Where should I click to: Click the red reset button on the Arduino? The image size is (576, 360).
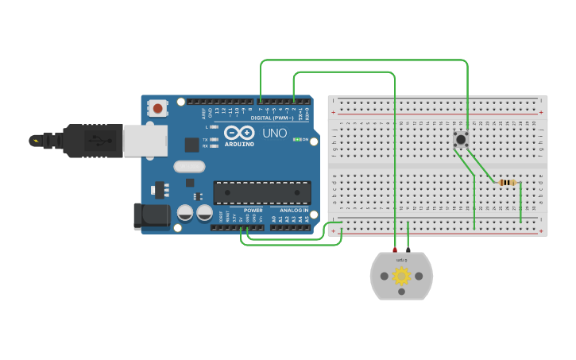(x=158, y=108)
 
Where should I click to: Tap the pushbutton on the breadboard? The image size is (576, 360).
(x=460, y=139)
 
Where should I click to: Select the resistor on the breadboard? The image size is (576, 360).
(x=507, y=183)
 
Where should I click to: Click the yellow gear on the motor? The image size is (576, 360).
(x=401, y=276)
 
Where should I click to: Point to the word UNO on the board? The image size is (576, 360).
(x=274, y=133)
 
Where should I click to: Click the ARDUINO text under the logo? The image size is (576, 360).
(x=239, y=145)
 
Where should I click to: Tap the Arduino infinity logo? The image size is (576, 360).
(x=239, y=133)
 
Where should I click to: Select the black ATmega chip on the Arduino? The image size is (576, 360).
(x=261, y=192)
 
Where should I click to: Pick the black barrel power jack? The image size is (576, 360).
(x=150, y=216)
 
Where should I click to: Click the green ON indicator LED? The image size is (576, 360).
(x=296, y=139)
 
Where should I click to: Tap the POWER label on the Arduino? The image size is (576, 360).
(x=253, y=211)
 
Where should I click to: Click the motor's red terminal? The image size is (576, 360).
(x=395, y=251)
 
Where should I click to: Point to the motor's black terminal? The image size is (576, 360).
(x=408, y=251)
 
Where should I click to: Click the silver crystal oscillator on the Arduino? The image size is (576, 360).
(x=189, y=166)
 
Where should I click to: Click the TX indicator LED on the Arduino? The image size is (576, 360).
(x=214, y=138)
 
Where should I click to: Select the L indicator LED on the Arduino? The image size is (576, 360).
(x=214, y=127)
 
